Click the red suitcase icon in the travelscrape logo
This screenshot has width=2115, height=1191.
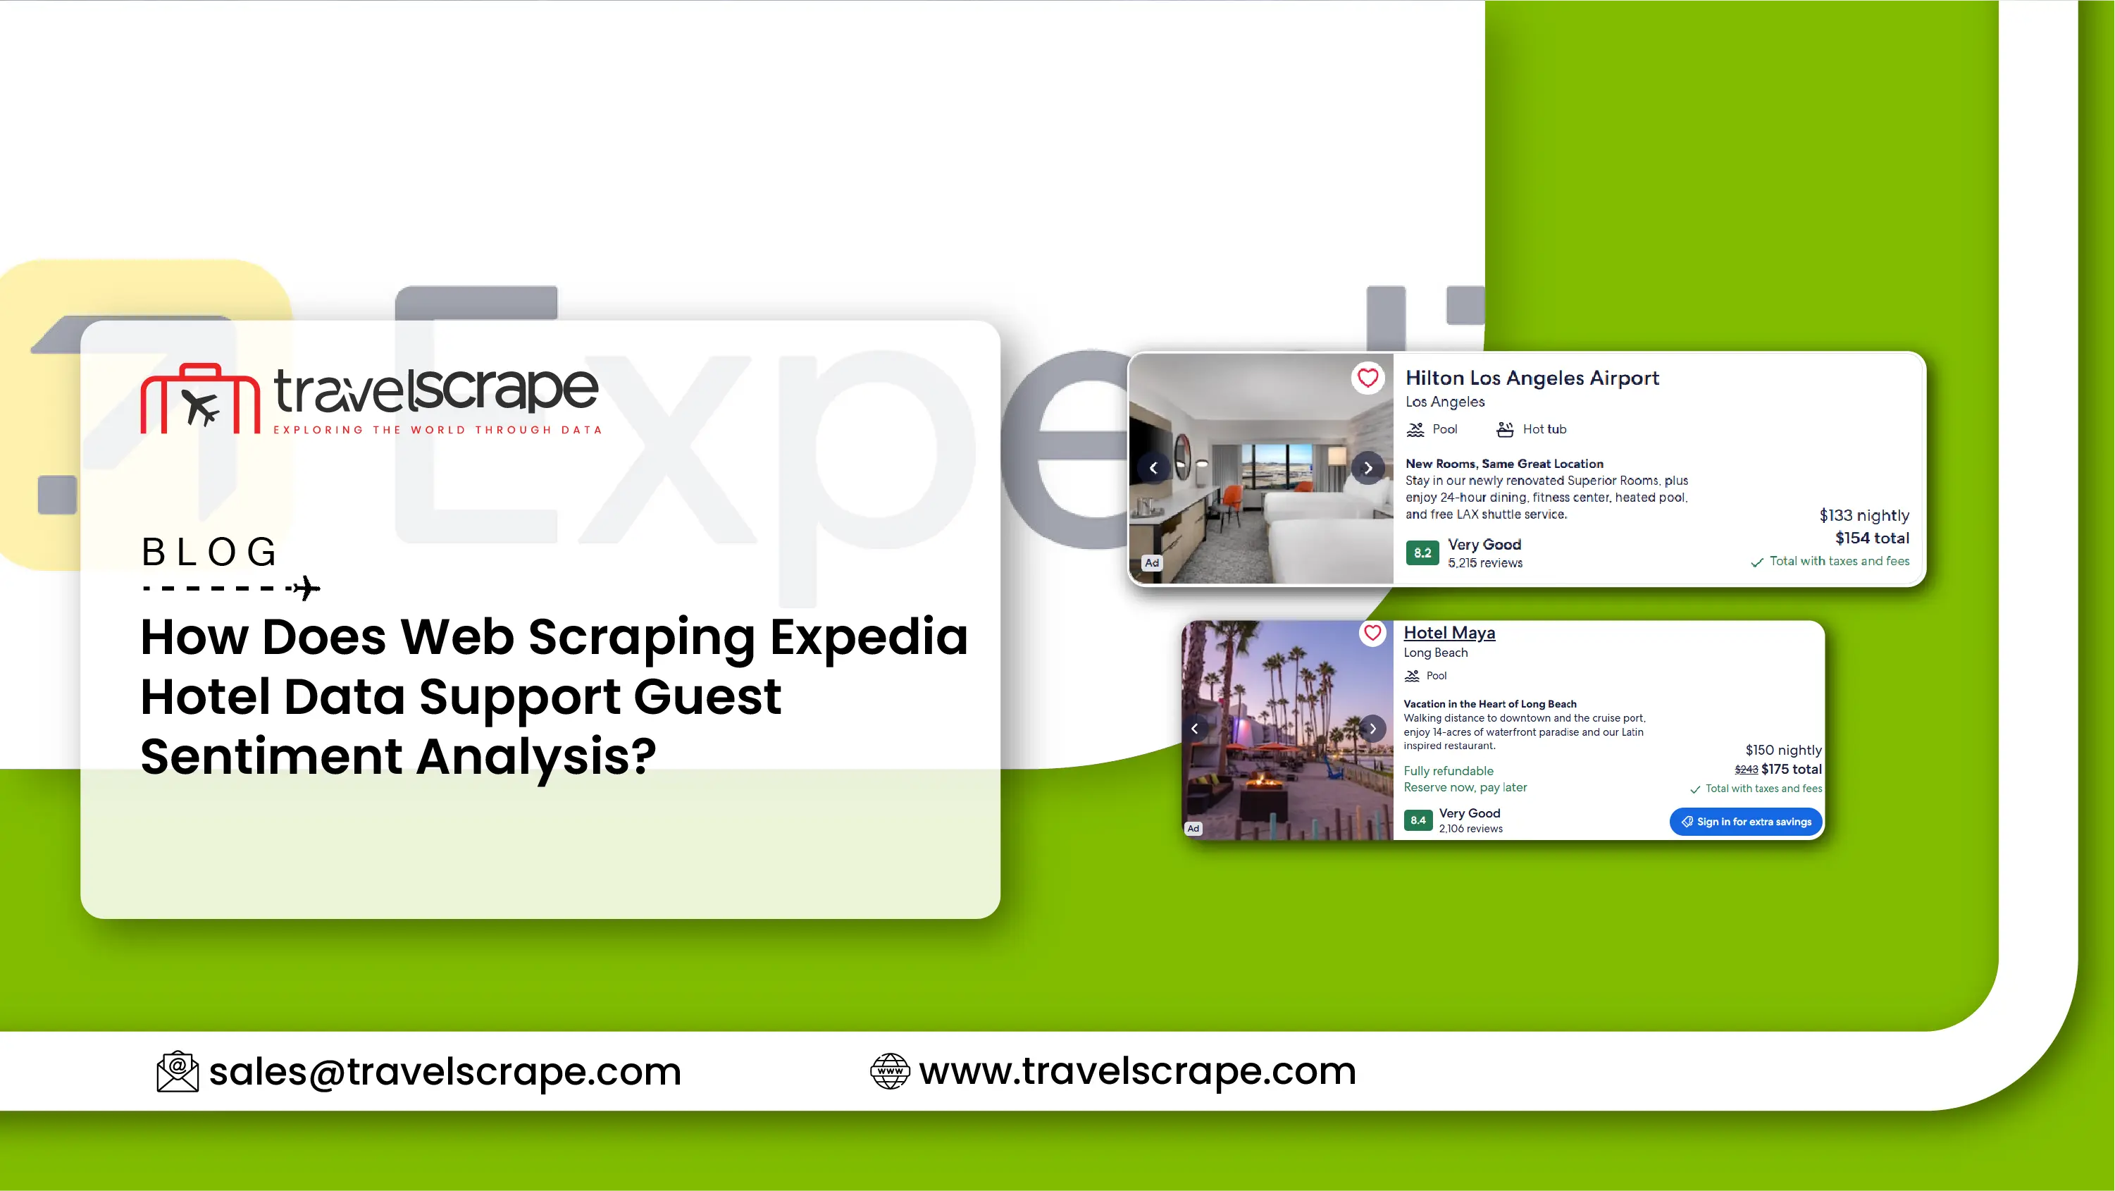click(x=200, y=398)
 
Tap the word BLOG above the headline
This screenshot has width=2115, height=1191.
click(x=209, y=551)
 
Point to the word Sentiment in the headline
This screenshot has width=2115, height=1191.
click(x=271, y=755)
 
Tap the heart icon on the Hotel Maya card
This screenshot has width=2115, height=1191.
click(x=1372, y=634)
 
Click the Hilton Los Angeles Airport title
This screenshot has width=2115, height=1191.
click(x=1532, y=378)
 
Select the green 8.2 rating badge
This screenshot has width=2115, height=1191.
click(x=1422, y=553)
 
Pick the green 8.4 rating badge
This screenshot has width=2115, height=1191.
click(x=1418, y=820)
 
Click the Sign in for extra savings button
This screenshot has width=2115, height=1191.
click(x=1746, y=822)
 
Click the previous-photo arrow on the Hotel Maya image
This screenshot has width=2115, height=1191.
click(x=1195, y=729)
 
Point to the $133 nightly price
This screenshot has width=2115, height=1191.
click(x=1863, y=515)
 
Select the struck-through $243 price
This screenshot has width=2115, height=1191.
click(x=1747, y=770)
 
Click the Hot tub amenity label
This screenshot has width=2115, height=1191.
click(x=1532, y=428)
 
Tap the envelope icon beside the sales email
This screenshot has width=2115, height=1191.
click(x=178, y=1072)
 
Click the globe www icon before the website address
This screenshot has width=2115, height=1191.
click(x=890, y=1071)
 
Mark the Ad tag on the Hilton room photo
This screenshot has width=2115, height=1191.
click(x=1152, y=562)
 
